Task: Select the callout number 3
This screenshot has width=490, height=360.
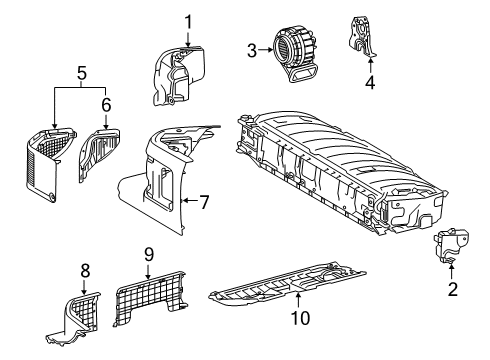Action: coord(252,48)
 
